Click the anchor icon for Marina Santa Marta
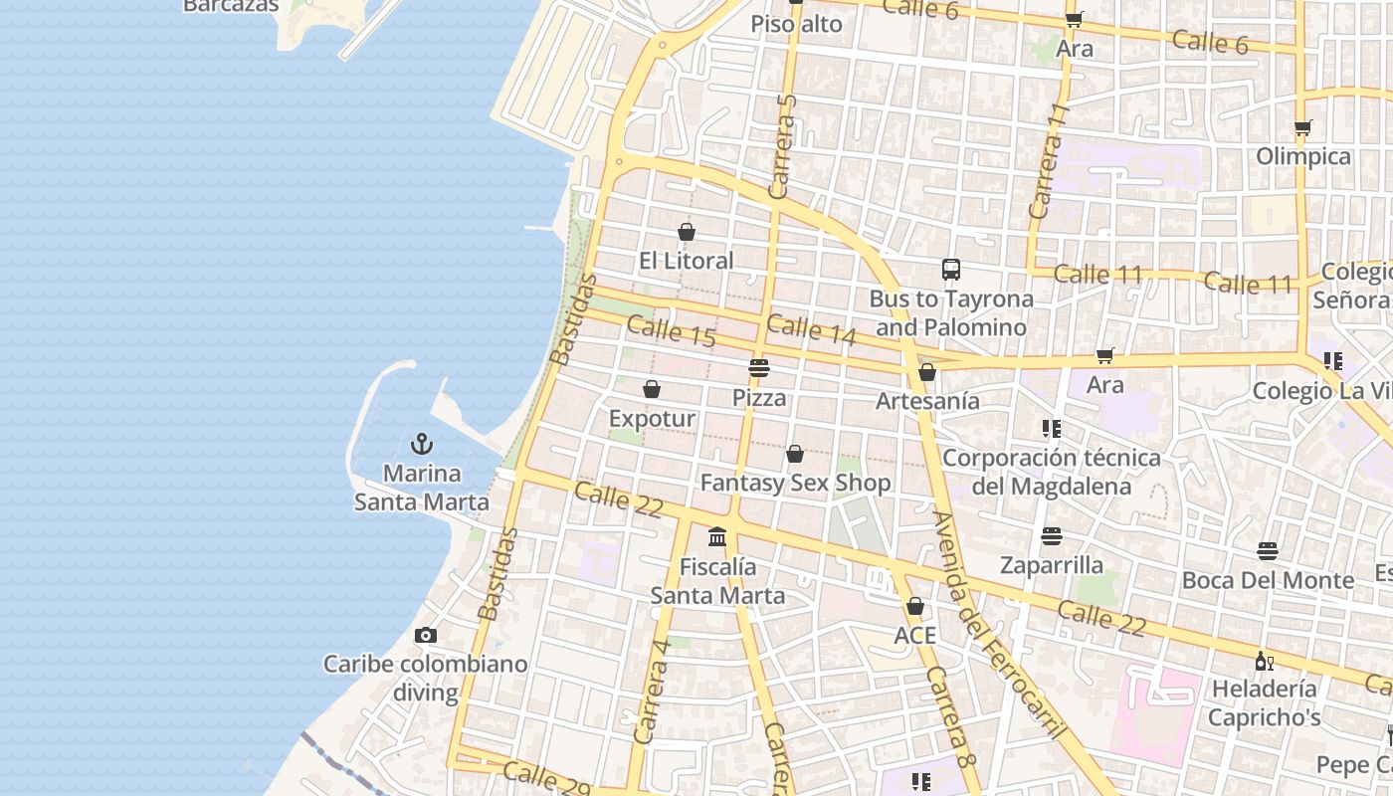point(422,443)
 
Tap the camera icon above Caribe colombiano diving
point(426,635)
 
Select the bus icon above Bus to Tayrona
point(951,270)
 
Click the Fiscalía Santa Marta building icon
point(717,538)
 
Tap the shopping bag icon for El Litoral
point(686,232)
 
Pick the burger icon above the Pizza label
point(759,368)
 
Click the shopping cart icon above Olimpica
point(1302,127)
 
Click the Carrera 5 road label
point(784,145)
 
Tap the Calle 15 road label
point(672,332)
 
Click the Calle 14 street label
point(811,329)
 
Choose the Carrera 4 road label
point(651,691)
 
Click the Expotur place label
point(652,419)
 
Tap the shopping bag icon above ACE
point(914,606)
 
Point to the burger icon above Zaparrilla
point(1052,536)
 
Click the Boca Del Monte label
point(1268,580)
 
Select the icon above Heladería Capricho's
point(1264,661)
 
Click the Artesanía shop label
point(927,401)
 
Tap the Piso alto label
point(796,24)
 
